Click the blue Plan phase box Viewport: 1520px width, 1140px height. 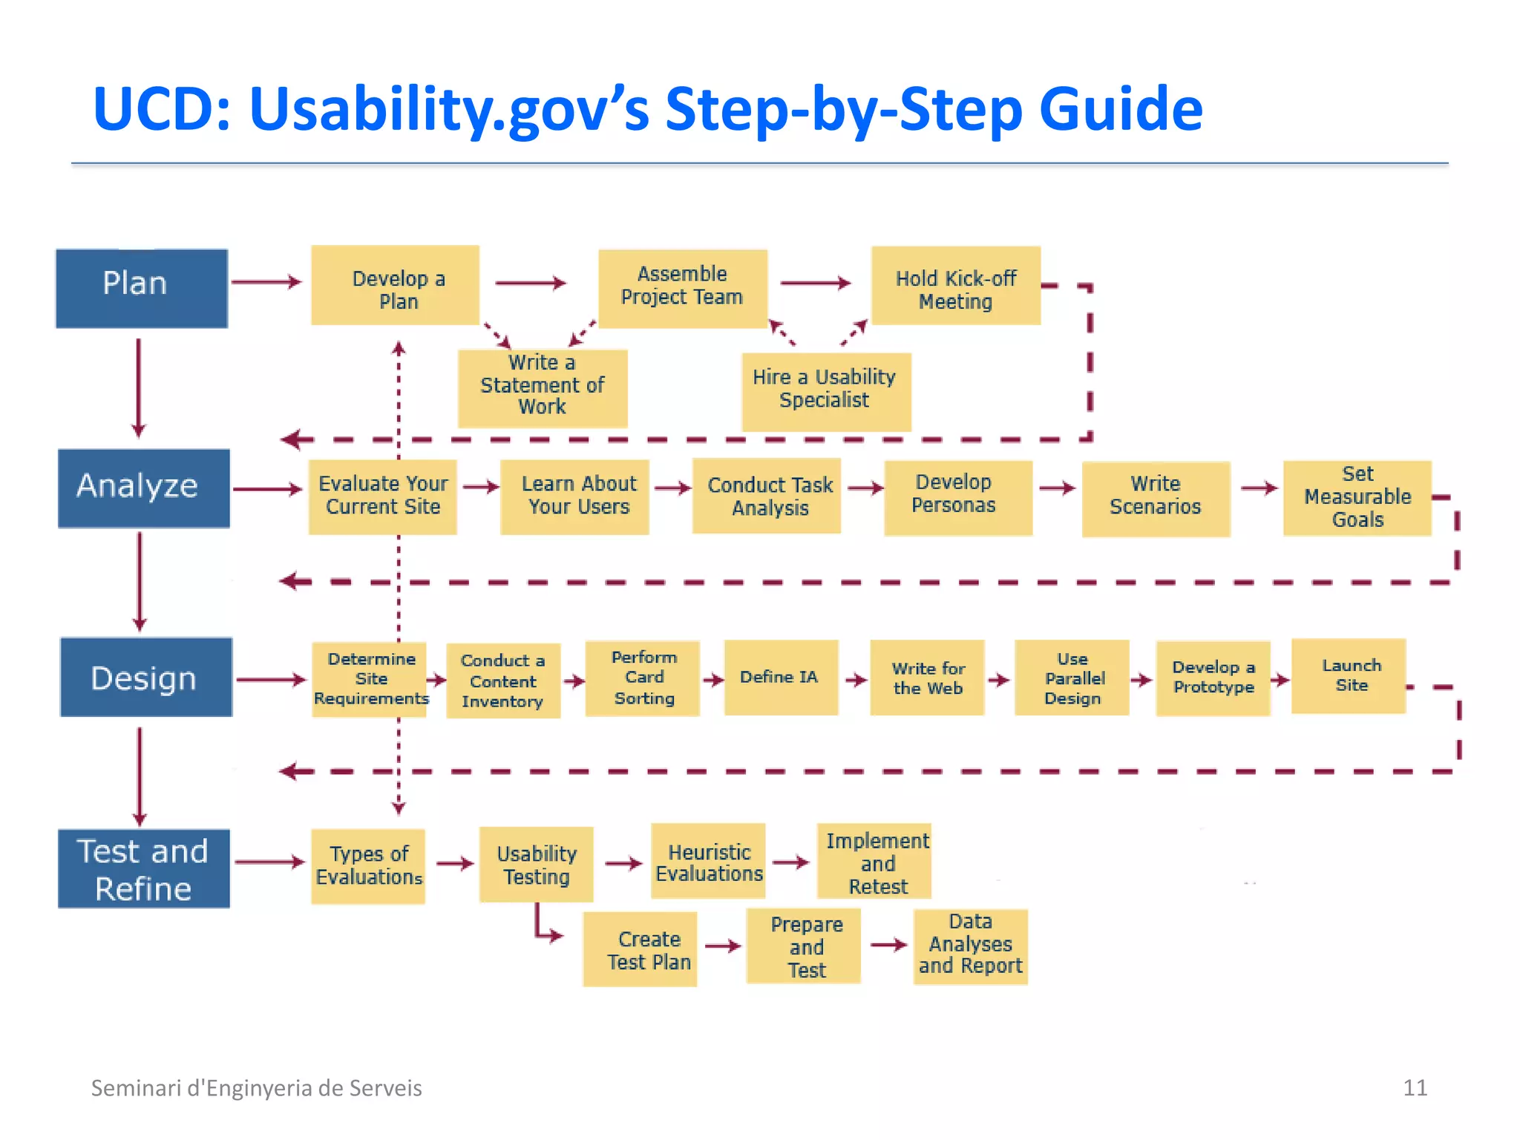(142, 288)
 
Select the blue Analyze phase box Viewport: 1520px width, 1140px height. (144, 488)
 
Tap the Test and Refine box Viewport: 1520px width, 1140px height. (144, 868)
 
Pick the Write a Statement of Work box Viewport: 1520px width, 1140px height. (543, 387)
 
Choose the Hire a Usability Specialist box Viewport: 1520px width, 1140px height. (826, 391)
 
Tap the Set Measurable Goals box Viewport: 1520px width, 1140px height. (1357, 497)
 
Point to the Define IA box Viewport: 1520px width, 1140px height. (781, 677)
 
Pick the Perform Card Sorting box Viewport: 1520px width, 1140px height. (642, 678)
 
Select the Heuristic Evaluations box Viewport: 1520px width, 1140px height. (708, 862)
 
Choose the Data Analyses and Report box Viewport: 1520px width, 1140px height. (970, 946)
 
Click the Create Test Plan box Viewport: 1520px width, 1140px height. (640, 949)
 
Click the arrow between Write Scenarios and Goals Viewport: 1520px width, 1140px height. (1259, 488)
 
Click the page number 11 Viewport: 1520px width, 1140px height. (1415, 1087)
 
